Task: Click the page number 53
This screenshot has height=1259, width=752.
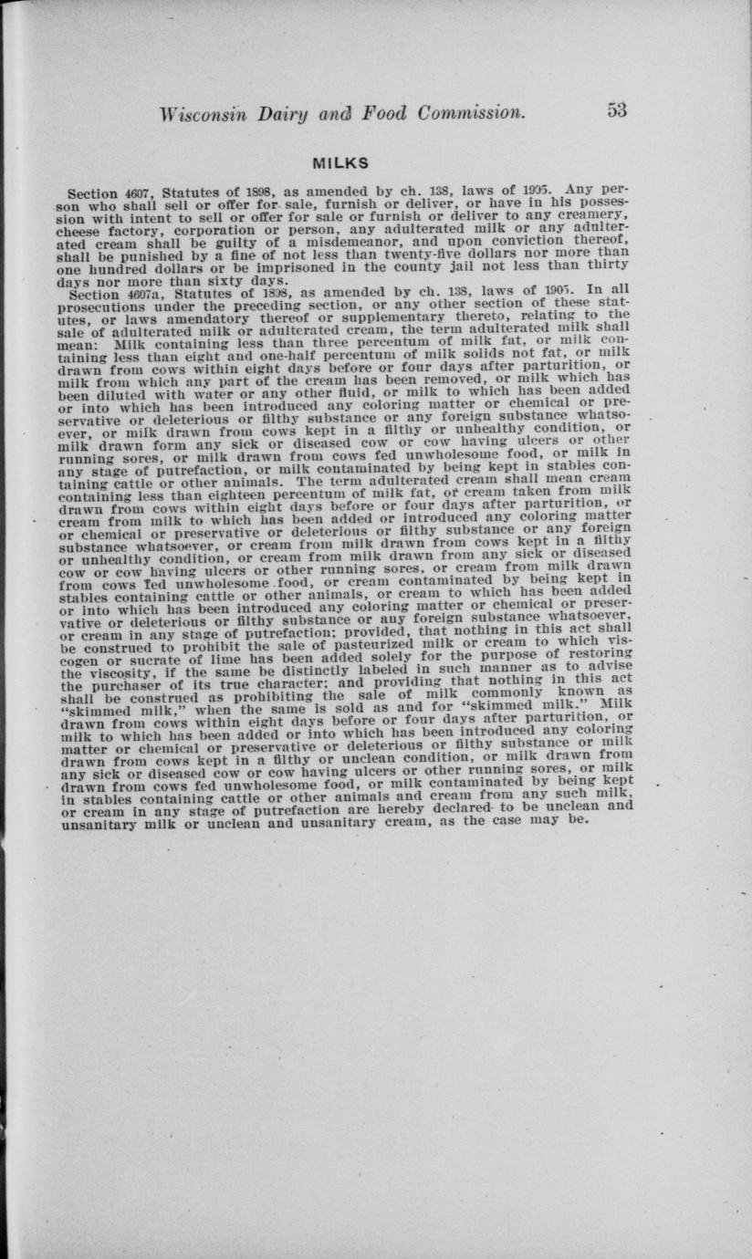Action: (616, 110)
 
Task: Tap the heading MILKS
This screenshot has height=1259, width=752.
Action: (340, 164)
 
